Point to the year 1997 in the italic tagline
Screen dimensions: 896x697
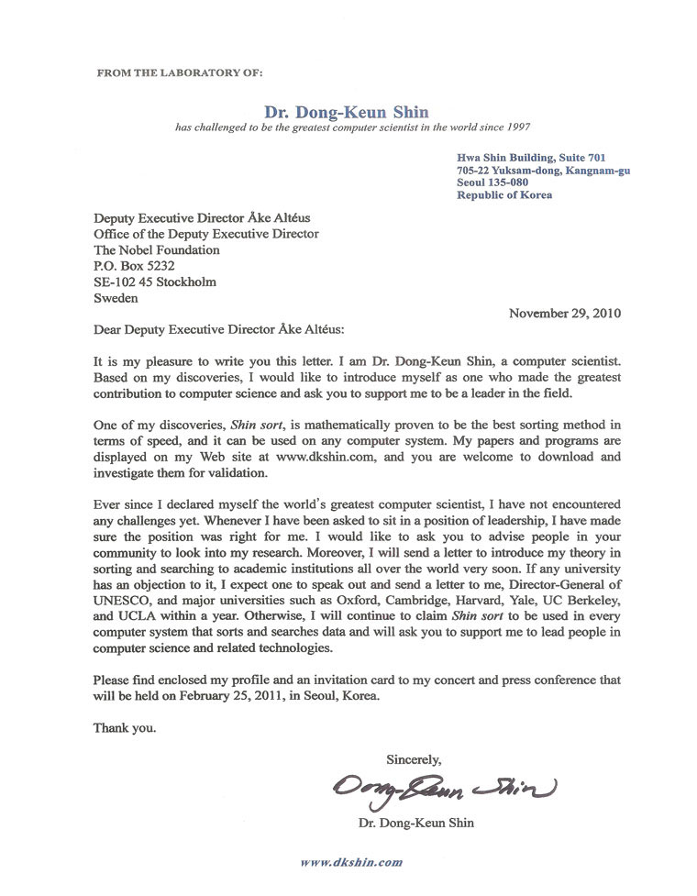coord(516,127)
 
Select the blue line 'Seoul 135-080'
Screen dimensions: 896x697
coord(492,183)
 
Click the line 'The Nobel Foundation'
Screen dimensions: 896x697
coord(157,249)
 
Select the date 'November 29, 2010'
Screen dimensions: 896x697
coord(564,313)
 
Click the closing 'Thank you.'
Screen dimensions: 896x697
coord(125,729)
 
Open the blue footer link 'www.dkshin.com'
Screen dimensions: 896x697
coord(351,862)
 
